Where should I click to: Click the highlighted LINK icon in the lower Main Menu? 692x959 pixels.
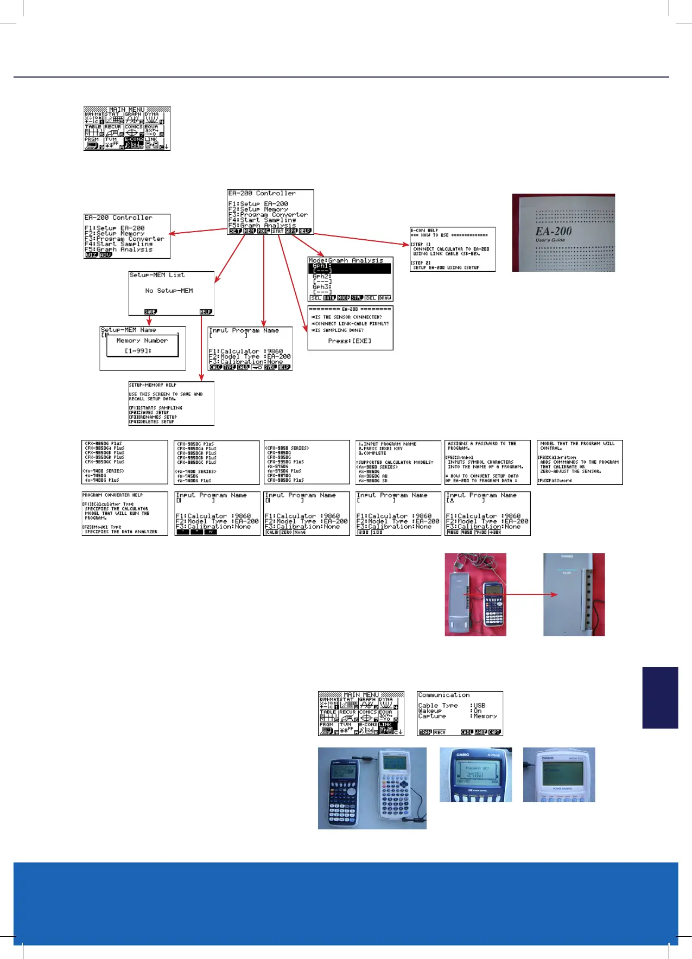tap(388, 728)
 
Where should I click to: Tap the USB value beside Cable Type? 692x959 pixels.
tap(479, 706)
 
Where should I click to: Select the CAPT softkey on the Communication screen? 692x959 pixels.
tap(494, 732)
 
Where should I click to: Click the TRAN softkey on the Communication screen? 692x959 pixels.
tap(426, 732)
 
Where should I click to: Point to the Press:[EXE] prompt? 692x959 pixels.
tap(350, 341)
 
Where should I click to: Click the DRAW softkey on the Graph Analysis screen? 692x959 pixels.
tap(385, 298)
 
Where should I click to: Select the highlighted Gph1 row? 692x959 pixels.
tap(350, 268)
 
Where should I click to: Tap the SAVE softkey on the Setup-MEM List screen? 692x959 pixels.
tap(150, 312)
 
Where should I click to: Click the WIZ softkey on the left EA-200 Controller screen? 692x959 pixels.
tap(91, 255)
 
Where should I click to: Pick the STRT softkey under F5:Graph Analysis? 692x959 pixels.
tap(277, 231)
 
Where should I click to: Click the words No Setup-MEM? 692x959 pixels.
tap(169, 291)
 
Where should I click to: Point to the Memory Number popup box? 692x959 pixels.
tap(142, 346)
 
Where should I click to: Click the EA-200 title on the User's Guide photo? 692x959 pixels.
tap(553, 231)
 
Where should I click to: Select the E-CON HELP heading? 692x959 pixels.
tap(424, 231)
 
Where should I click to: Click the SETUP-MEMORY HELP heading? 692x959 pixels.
tap(153, 385)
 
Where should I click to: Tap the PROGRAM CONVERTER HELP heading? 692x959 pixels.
tap(112, 495)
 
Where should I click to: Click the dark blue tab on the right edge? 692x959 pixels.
tap(660, 697)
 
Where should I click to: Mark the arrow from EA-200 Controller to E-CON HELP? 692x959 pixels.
tap(361, 239)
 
